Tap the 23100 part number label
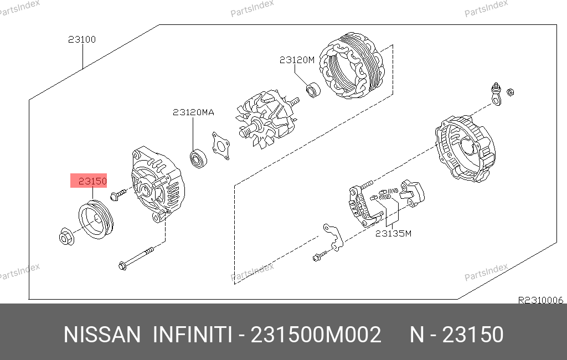coord(82,39)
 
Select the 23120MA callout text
coord(193,112)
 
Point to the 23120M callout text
coord(297,60)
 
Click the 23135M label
coord(394,234)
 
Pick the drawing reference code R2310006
coord(540,300)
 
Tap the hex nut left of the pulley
coord(66,236)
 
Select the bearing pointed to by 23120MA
coord(198,158)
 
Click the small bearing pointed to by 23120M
coord(313,90)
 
